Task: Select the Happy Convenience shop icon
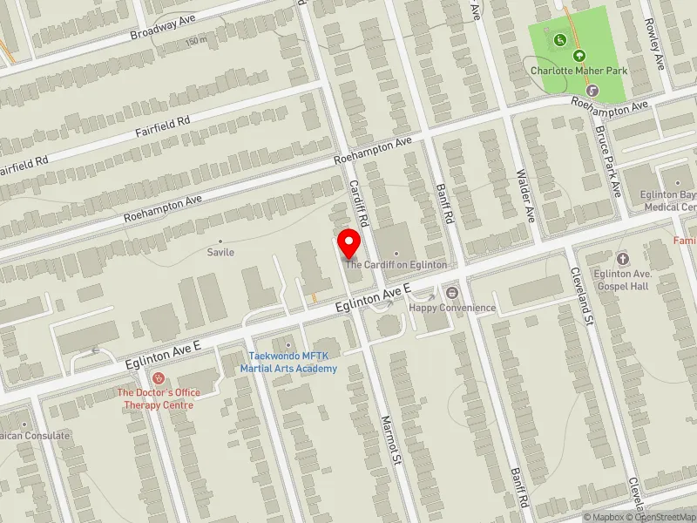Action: click(452, 293)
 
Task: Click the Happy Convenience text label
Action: click(452, 308)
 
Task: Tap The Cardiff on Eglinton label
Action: click(396, 264)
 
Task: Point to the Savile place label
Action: click(220, 252)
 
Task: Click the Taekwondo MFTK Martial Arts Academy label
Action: click(288, 362)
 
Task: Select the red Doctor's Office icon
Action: click(158, 378)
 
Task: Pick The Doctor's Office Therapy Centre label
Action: click(159, 398)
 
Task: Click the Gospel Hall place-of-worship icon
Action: click(622, 258)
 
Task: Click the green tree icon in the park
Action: click(575, 54)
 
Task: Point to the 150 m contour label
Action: click(197, 41)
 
